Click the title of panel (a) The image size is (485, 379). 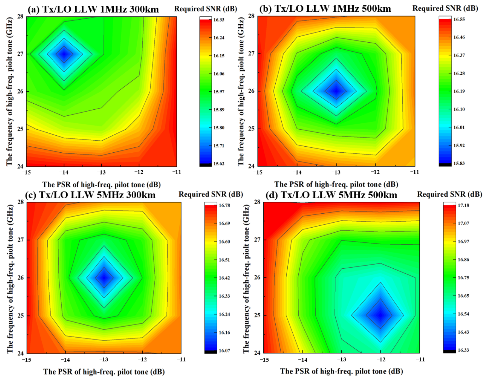[93, 9]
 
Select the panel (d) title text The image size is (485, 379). [331, 195]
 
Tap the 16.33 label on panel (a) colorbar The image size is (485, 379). [219, 20]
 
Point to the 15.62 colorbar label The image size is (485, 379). [219, 163]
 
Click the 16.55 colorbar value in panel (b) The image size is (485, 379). [459, 19]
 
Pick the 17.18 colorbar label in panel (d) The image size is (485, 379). [463, 205]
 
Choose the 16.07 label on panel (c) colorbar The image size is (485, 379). [224, 351]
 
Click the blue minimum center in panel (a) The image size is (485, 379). [64, 54]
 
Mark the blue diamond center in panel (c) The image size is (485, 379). [104, 278]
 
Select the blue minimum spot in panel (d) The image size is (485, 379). [380, 315]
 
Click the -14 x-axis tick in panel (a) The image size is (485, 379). [64, 172]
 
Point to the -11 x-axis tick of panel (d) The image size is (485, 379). [420, 359]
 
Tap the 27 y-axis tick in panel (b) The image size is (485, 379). [251, 53]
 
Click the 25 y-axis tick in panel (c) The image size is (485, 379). [21, 315]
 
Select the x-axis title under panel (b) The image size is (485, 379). [336, 184]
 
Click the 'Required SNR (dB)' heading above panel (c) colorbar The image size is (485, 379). [211, 194]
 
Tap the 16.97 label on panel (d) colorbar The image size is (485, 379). [463, 241]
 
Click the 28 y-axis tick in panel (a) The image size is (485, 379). [20, 16]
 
